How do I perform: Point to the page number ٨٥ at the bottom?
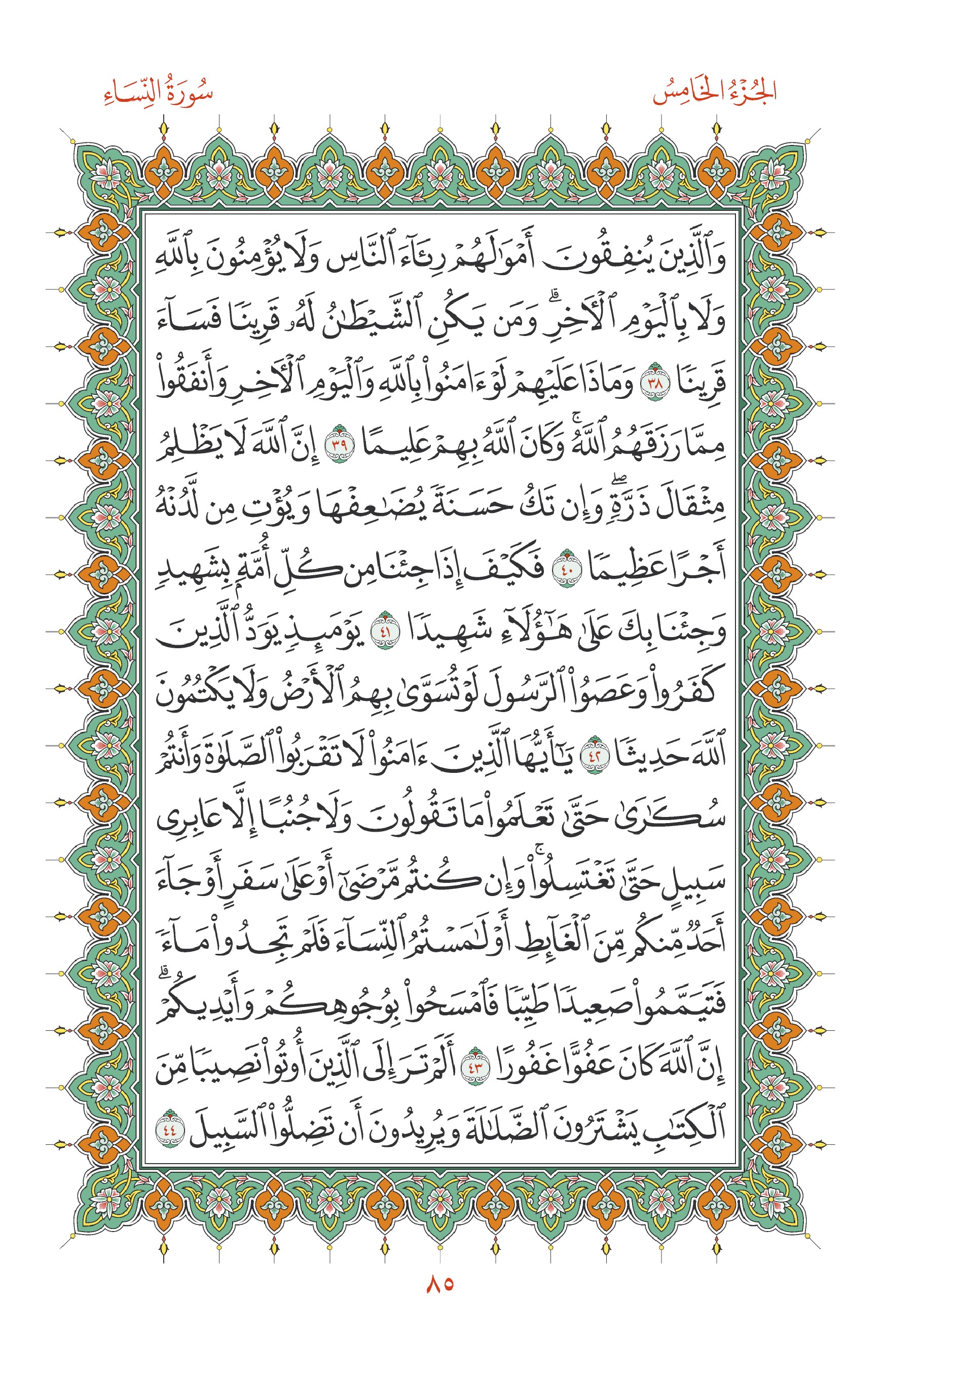point(439,1284)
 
